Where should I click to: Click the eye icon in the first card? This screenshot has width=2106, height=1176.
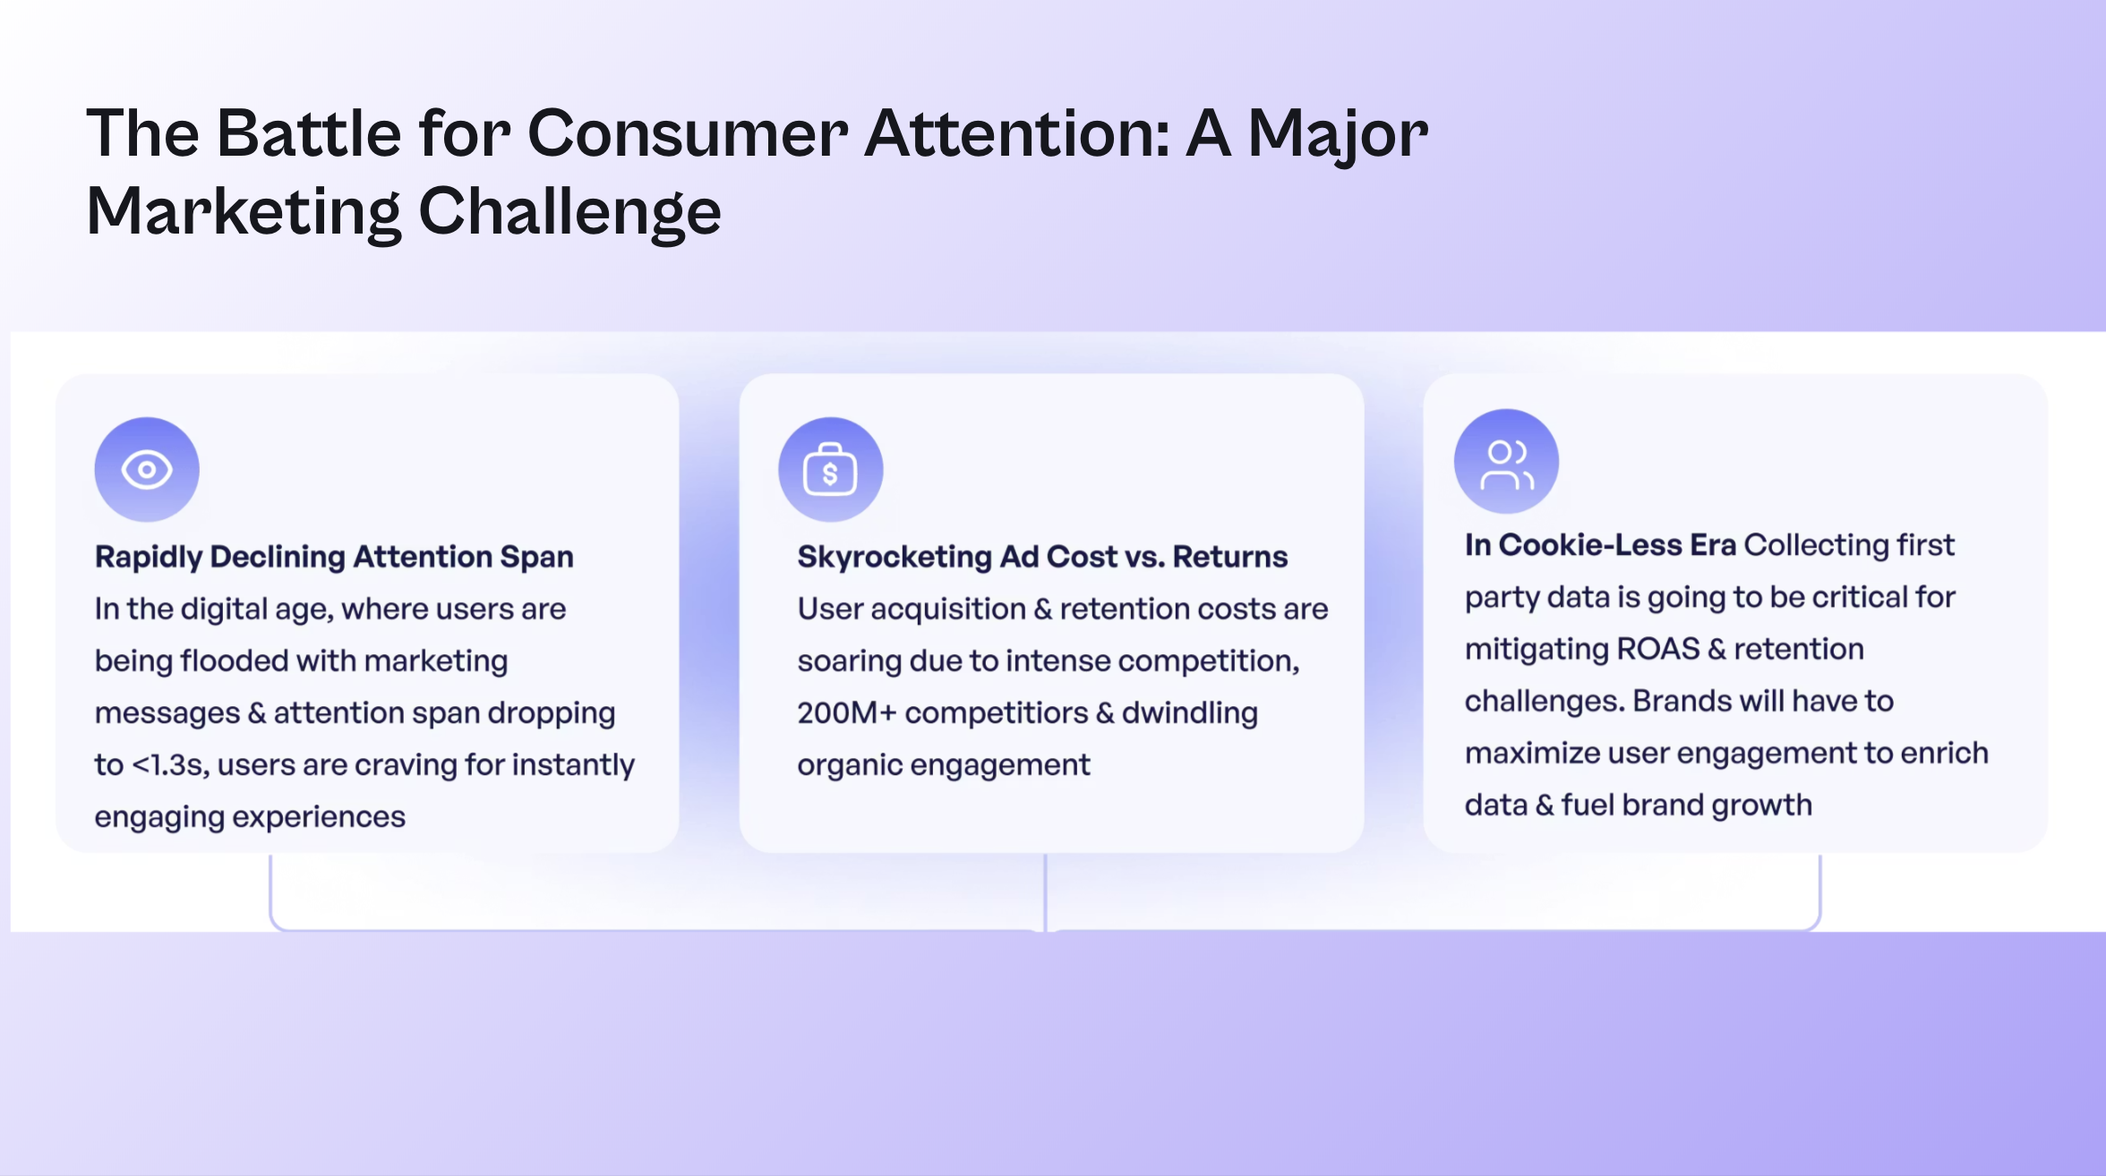pyautogui.click(x=147, y=469)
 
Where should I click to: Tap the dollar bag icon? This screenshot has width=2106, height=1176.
pyautogui.click(x=830, y=469)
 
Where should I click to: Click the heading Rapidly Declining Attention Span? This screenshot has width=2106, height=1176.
pyautogui.click(x=334, y=557)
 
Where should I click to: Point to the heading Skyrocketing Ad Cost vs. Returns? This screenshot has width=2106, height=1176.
pyautogui.click(x=1042, y=557)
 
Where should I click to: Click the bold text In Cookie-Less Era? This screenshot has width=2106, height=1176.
pyautogui.click(x=1600, y=545)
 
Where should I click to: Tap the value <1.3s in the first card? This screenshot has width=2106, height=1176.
pyautogui.click(x=170, y=765)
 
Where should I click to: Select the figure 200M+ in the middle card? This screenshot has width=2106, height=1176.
pyautogui.click(x=846, y=713)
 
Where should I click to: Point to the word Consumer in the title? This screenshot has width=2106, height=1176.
pyautogui.click(x=688, y=133)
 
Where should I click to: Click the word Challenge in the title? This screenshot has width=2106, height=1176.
pyautogui.click(x=569, y=212)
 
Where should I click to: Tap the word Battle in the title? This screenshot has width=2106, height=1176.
pyautogui.click(x=309, y=133)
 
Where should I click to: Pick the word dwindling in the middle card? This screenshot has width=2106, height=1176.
pyautogui.click(x=1190, y=713)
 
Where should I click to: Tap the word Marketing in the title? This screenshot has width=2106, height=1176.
pyautogui.click(x=244, y=212)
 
